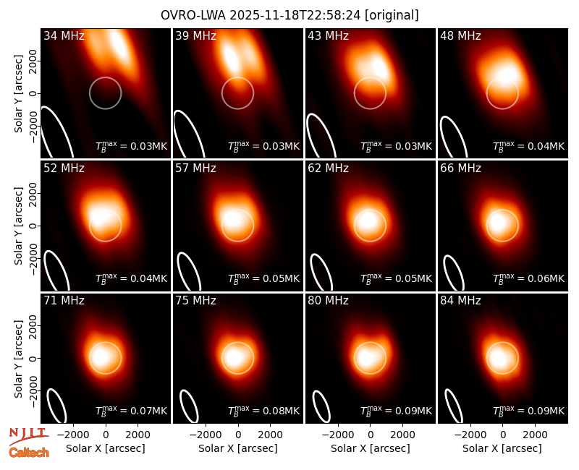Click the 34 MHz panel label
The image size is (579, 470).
[x=64, y=35]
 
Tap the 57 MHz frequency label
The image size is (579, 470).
[x=195, y=168]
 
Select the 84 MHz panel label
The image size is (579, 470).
[x=460, y=301]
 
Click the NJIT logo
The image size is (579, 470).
[x=28, y=435]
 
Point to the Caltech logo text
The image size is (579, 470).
[x=29, y=453]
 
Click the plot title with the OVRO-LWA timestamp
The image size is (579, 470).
[x=289, y=15]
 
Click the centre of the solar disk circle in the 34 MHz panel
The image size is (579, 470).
[x=105, y=93]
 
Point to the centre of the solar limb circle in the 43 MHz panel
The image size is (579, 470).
[x=370, y=93]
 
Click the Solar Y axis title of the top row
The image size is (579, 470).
[x=18, y=94]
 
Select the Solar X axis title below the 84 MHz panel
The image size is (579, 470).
[x=502, y=448]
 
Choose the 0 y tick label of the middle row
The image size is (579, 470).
[x=33, y=226]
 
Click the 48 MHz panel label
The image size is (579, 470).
[x=460, y=35]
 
